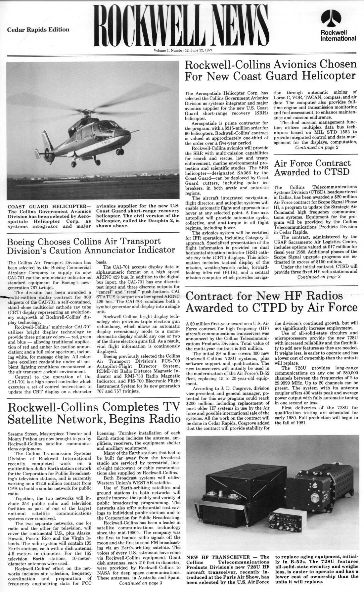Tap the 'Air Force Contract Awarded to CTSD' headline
point(312,168)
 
